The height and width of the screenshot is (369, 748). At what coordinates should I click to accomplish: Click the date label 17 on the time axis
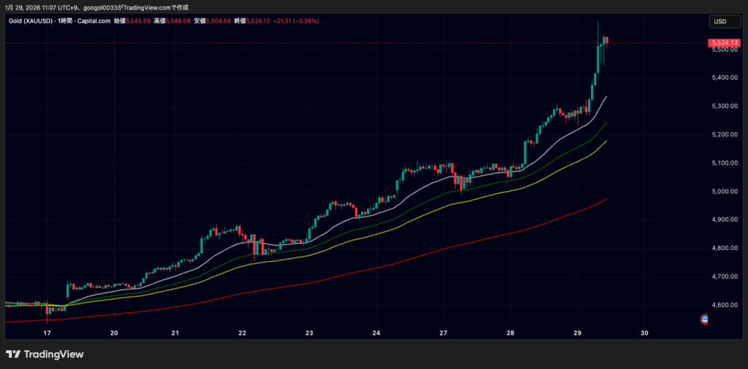pos(47,333)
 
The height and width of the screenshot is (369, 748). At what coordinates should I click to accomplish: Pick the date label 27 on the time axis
pos(443,333)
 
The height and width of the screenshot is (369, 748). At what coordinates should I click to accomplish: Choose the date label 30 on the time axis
pos(644,333)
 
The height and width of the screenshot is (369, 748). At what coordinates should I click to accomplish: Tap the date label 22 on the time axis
pos(242,333)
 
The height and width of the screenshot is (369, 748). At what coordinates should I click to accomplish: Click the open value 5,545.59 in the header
pos(137,21)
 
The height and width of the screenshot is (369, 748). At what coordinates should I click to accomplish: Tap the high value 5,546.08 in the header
pos(178,21)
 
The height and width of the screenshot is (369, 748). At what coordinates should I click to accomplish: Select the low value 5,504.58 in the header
pos(218,21)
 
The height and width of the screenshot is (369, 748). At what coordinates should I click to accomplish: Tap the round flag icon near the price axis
pos(705,319)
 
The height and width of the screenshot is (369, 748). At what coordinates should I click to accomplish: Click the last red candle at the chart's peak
pos(606,41)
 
